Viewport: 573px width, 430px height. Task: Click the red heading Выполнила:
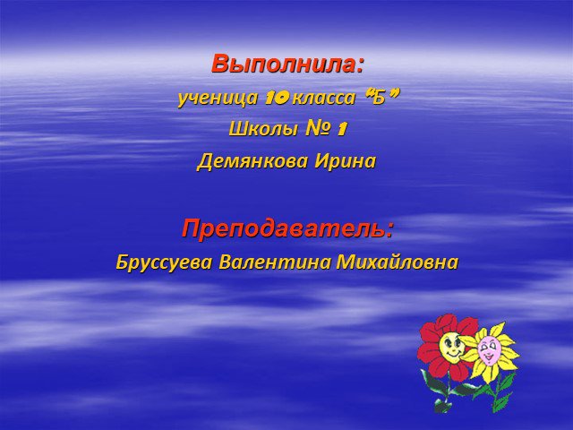[x=288, y=64]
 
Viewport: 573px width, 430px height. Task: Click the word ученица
[x=218, y=98]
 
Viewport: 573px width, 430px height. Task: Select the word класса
[x=324, y=98]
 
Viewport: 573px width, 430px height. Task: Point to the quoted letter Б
[x=380, y=98]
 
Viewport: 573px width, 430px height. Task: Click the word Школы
[x=263, y=129]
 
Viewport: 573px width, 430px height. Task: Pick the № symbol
[x=319, y=128]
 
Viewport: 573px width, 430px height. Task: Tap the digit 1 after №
[x=341, y=129]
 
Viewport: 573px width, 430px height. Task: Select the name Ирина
[x=346, y=161]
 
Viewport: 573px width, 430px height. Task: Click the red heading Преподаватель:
[x=288, y=228]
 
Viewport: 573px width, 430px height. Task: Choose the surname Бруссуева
[x=164, y=262]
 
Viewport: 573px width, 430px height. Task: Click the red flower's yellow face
[x=450, y=347]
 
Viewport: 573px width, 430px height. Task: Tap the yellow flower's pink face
[x=487, y=350]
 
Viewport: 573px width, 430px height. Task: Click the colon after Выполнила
[x=360, y=65]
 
